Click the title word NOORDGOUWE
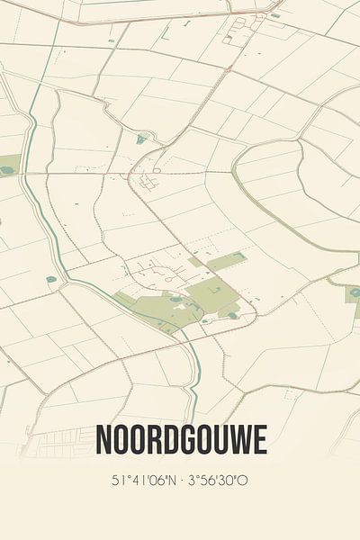tap(181, 441)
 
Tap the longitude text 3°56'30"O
tap(219, 480)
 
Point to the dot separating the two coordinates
tap(179, 480)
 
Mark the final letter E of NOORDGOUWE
tap(258, 441)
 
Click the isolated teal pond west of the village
tap(51, 279)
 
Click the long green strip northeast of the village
tap(224, 261)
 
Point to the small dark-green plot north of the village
tap(142, 139)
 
